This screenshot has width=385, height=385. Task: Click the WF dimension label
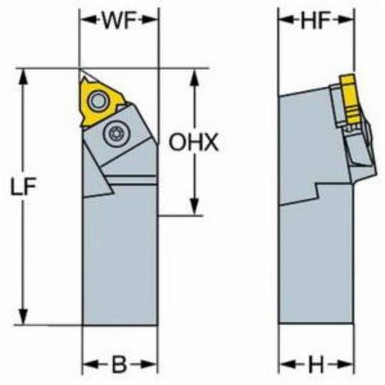pyautogui.click(x=119, y=20)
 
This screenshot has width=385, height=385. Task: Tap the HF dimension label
pyautogui.click(x=316, y=20)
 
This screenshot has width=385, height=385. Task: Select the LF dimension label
pyautogui.click(x=23, y=186)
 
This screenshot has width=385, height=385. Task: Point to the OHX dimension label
pyautogui.click(x=193, y=142)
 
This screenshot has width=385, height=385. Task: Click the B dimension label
pyautogui.click(x=119, y=364)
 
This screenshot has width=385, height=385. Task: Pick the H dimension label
pyautogui.click(x=316, y=364)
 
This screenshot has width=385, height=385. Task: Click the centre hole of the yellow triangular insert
pyautogui.click(x=99, y=101)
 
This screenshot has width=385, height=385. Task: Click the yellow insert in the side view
pyautogui.click(x=350, y=99)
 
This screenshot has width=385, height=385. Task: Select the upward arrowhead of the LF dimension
pyautogui.click(x=23, y=76)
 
